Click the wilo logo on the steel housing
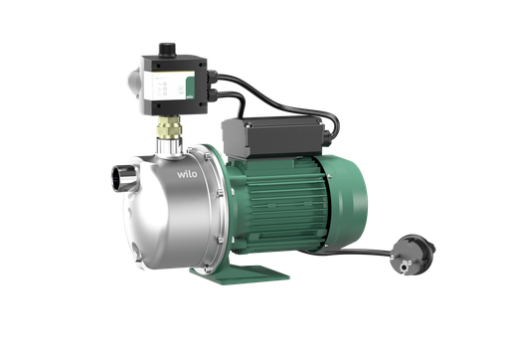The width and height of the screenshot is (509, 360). pos(188,177)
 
